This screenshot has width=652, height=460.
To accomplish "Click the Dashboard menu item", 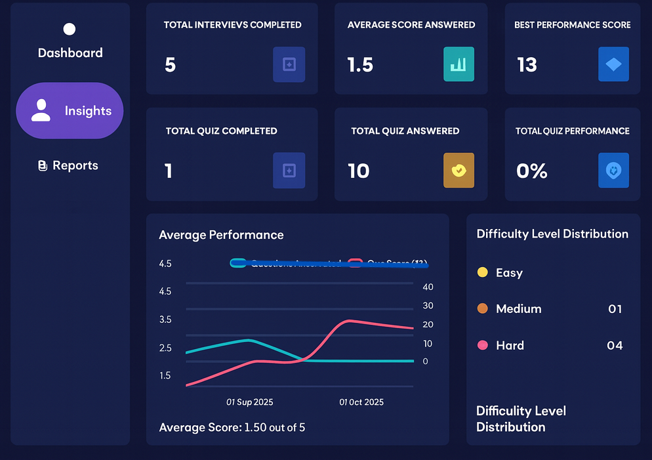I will click(70, 52).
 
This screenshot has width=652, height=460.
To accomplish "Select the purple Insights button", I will click(70, 110).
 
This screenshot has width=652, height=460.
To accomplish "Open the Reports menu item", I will click(68, 165).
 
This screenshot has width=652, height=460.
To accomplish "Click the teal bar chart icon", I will click(458, 64).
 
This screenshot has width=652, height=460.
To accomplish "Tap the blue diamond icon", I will click(613, 64).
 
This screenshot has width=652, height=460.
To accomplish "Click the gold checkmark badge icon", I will click(458, 171).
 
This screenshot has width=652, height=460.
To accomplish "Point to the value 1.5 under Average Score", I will click(360, 65).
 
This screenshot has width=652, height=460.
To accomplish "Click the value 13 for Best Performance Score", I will click(527, 65).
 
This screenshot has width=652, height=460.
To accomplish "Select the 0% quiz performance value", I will click(531, 171).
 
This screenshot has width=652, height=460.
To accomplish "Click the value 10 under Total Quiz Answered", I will click(359, 171).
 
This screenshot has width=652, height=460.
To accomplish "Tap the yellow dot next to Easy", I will click(483, 272).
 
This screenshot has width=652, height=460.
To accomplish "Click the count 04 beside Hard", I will click(615, 345).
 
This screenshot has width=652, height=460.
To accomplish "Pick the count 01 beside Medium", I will click(615, 308).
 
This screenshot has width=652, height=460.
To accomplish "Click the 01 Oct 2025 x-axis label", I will click(361, 402).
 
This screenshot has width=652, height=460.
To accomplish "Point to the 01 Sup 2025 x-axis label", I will click(250, 402).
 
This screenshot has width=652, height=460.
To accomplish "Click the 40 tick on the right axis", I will click(428, 287).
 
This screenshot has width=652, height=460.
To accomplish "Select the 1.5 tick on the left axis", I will click(165, 375).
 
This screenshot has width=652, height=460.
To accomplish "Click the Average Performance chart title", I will click(221, 235).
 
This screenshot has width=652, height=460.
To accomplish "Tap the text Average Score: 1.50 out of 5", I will click(232, 428).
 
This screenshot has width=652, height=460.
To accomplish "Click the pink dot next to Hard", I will click(483, 345).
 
